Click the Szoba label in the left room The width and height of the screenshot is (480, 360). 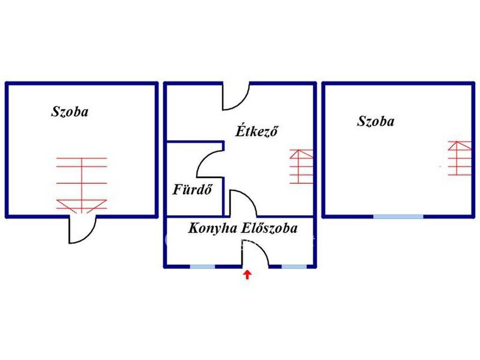pos(70,112)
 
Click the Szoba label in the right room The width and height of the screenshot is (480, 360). pos(375,121)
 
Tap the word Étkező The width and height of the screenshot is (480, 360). pos(256,131)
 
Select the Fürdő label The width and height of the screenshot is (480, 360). pos(192,189)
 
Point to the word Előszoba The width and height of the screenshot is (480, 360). pos(270,228)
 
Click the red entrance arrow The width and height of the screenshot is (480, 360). pos(247,274)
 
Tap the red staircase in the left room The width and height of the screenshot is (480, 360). pos(82,185)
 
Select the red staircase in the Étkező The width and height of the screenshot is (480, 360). pos(301,166)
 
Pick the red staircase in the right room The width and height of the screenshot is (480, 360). pos(459,158)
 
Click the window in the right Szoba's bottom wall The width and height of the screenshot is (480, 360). pos(398,217)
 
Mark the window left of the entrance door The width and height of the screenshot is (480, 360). pos(202,267)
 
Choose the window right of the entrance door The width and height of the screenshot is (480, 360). pos(294,267)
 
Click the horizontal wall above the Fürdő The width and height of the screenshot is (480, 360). pos(195,142)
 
